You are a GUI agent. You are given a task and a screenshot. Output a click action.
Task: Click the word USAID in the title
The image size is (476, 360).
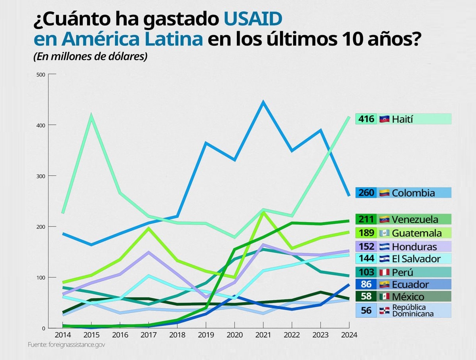(253, 19)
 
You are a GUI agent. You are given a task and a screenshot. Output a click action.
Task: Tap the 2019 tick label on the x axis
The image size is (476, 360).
(205, 335)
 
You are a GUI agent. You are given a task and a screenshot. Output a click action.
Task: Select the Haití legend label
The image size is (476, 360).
(402, 119)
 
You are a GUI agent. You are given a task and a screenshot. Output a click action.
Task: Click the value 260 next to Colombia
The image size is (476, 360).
(366, 193)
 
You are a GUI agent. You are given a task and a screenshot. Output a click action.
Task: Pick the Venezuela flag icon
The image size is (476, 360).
(384, 219)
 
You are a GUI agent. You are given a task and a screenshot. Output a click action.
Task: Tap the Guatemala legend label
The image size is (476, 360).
(417, 233)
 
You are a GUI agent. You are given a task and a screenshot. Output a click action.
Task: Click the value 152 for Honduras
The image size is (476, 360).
(366, 247)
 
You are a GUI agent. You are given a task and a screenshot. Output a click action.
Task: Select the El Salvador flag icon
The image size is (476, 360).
(384, 259)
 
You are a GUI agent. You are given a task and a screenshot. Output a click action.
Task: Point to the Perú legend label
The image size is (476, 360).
(402, 272)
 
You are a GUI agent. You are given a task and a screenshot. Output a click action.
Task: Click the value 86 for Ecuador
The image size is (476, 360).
(366, 284)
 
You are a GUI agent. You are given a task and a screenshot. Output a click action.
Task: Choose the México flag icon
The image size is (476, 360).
(384, 297)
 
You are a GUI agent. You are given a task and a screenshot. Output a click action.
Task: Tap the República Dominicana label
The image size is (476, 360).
(411, 310)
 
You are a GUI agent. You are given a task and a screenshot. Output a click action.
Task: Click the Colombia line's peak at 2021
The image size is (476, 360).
(263, 103)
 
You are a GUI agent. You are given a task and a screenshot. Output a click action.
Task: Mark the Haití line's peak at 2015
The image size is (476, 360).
(91, 116)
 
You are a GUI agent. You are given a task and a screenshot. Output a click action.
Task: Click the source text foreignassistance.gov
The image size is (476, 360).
(67, 345)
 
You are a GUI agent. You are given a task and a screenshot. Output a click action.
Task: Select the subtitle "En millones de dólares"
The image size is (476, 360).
(90, 56)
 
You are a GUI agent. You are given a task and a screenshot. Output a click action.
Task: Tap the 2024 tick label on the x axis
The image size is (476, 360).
(348, 335)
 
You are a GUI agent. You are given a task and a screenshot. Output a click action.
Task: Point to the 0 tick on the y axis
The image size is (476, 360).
(44, 328)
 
